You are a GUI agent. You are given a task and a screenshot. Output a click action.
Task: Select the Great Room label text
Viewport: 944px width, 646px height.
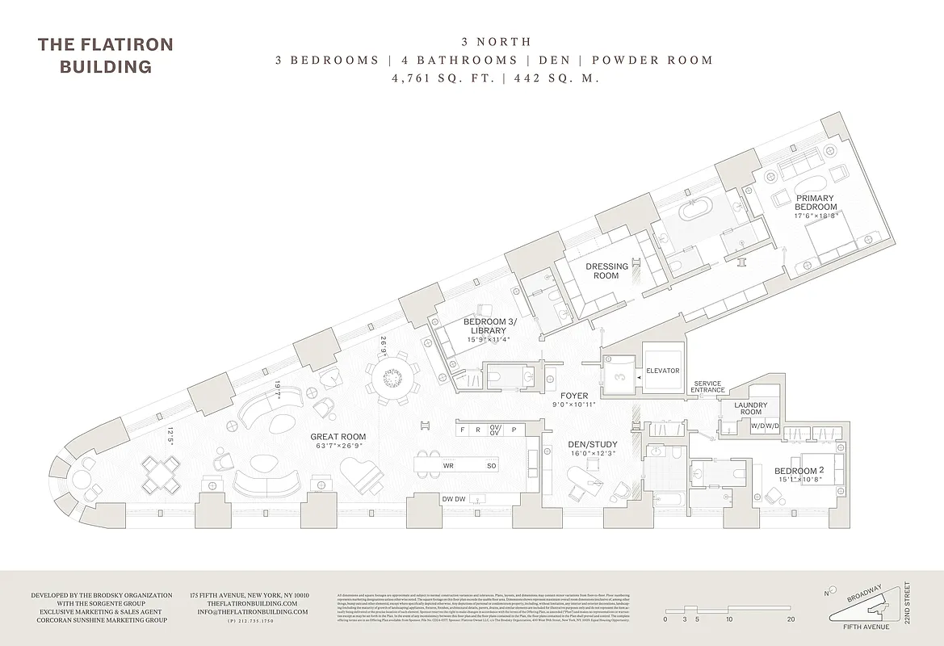338,437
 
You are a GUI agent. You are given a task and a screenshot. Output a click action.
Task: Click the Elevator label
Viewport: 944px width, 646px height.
663,371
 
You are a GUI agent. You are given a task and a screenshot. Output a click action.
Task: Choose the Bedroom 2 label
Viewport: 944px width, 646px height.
798,471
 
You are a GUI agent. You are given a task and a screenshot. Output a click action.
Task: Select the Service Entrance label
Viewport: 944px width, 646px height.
707,388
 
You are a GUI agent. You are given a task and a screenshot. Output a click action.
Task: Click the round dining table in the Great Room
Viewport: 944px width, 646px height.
392,378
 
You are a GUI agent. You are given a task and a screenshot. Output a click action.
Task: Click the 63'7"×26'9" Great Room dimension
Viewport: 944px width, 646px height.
338,447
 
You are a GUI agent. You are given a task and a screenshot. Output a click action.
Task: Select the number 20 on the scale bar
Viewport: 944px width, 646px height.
791,619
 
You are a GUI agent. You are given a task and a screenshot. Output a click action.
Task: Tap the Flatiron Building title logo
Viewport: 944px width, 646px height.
105,55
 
